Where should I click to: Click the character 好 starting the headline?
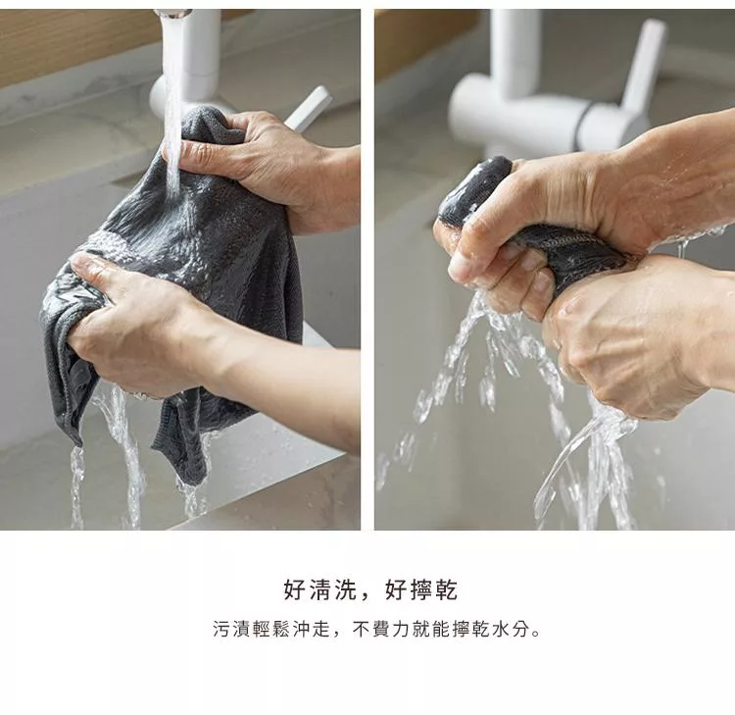pyautogui.click(x=295, y=589)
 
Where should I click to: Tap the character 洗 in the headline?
pyautogui.click(x=346, y=589)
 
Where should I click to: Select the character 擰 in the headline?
pyautogui.click(x=420, y=589)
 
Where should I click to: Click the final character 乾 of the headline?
pyautogui.click(x=446, y=589)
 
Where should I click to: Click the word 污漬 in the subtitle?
pyautogui.click(x=231, y=629)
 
